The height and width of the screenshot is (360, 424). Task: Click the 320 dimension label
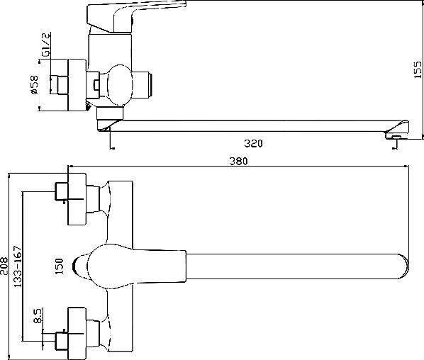tap(253, 143)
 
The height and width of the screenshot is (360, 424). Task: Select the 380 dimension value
tap(238, 162)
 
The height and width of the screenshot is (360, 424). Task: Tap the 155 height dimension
tap(418, 69)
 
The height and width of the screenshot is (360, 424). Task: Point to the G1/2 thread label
tap(46, 45)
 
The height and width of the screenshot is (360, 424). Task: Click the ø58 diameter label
tap(35, 85)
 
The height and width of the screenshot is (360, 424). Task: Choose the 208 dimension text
tap(4, 266)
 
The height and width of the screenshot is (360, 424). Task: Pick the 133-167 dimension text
tap(17, 266)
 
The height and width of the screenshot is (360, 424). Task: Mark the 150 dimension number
tap(59, 266)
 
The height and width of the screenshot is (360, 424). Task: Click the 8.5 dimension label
tap(38, 316)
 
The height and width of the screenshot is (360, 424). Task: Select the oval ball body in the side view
tap(120, 84)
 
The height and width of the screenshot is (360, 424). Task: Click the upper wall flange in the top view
tap(77, 199)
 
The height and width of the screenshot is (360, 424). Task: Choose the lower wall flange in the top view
tap(77, 333)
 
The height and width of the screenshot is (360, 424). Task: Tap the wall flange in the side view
tap(77, 84)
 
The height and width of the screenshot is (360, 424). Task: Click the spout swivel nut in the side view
tap(110, 113)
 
